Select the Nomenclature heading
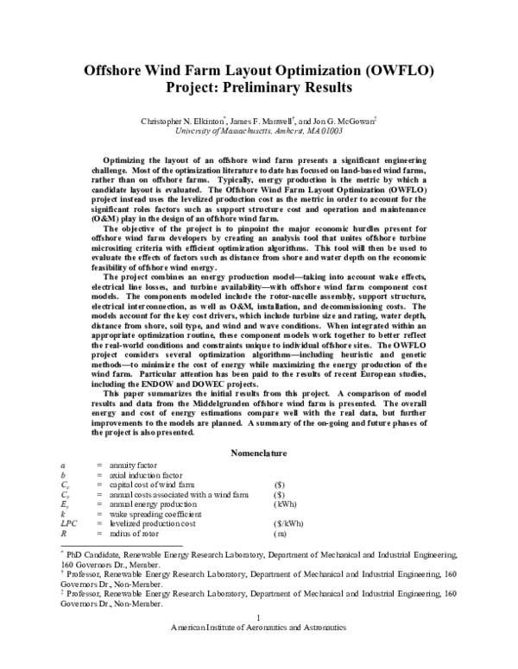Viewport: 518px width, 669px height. coord(258,453)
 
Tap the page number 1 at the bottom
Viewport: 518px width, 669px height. coord(259,641)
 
